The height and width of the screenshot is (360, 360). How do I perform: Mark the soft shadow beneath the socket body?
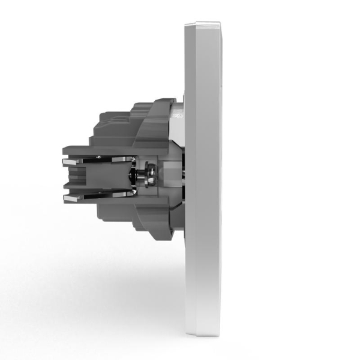pyautogui.click(x=120, y=276)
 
